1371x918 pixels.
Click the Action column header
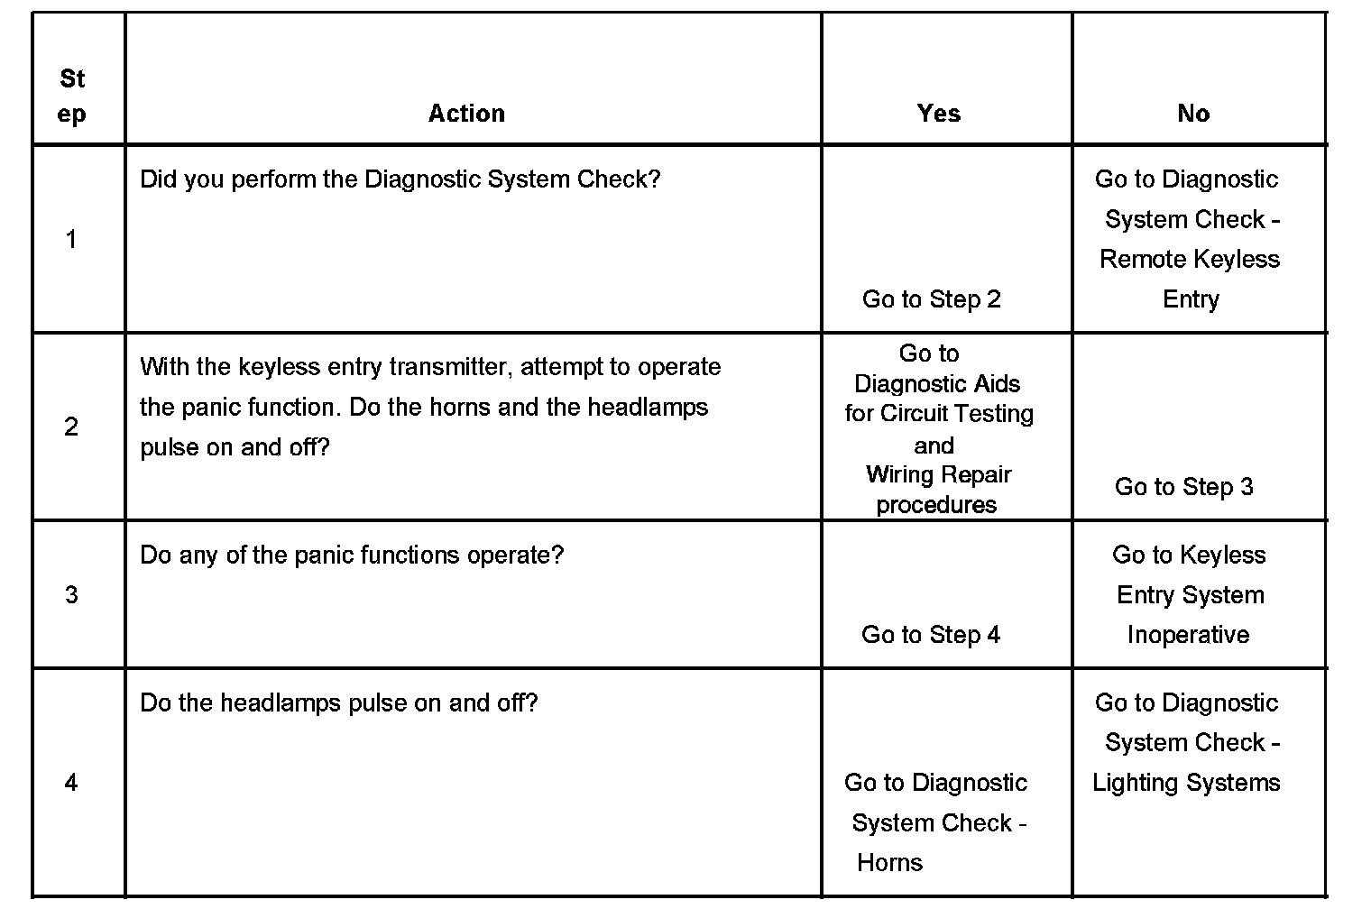click(x=466, y=114)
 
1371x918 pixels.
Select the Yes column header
click(x=939, y=114)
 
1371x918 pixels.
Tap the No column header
click(x=1193, y=114)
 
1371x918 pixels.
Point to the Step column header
click(x=72, y=96)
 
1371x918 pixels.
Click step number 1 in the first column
click(x=71, y=240)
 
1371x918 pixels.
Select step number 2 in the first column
click(x=71, y=427)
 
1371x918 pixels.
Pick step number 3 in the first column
click(x=71, y=595)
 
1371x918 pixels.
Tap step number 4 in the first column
click(x=71, y=783)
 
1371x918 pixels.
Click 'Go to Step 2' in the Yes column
click(x=932, y=299)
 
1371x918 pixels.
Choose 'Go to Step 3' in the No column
click(x=1184, y=487)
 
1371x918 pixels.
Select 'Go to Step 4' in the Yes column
click(x=931, y=635)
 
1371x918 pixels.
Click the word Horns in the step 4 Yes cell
click(x=890, y=863)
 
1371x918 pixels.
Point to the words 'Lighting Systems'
click(x=1186, y=783)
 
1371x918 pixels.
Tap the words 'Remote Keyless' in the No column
click(x=1190, y=260)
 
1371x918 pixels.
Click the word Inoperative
click(x=1188, y=635)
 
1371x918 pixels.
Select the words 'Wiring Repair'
click(x=939, y=475)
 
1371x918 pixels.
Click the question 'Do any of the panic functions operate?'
click(x=352, y=555)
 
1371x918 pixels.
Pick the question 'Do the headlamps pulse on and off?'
click(x=339, y=703)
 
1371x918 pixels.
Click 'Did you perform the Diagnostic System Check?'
click(x=400, y=179)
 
